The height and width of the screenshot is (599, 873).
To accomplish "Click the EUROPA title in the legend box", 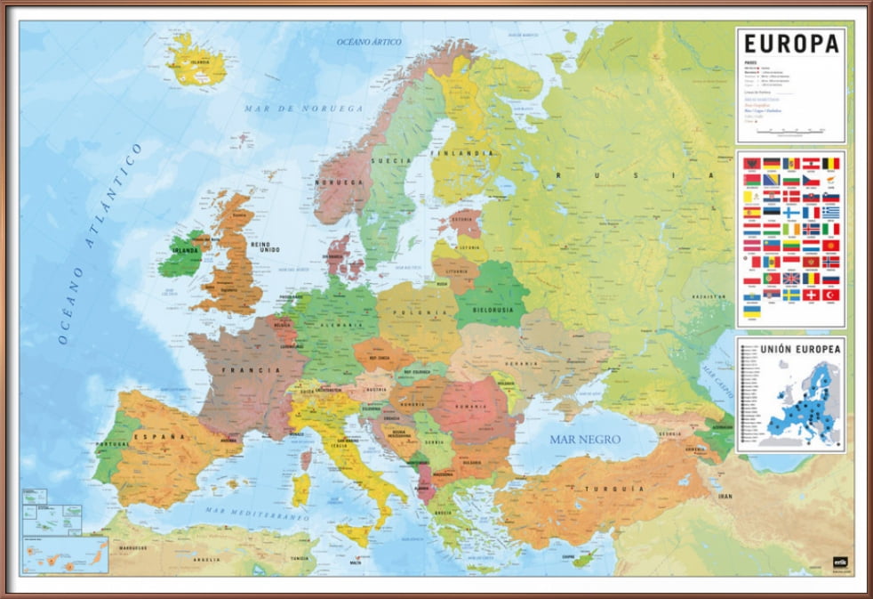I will [x=790, y=44].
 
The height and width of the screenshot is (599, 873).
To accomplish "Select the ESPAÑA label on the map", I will [x=161, y=437].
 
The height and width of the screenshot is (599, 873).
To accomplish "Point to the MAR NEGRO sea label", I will [x=585, y=439].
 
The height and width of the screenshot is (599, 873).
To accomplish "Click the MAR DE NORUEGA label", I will [x=304, y=109].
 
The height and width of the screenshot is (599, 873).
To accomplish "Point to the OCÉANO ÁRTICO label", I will [x=368, y=42].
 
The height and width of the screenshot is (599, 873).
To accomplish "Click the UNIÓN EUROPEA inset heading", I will [x=790, y=349].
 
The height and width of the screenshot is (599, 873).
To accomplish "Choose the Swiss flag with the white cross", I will [x=812, y=294].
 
